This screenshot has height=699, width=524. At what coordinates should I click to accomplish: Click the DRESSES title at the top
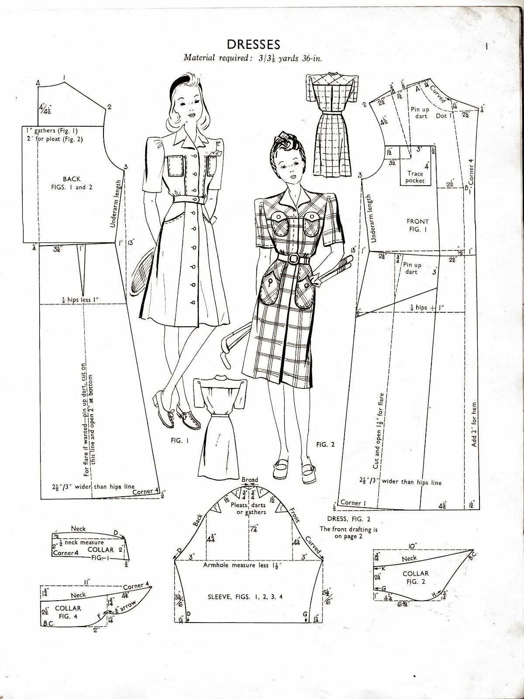tap(253, 44)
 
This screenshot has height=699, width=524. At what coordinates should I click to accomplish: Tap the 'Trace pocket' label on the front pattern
tap(415, 177)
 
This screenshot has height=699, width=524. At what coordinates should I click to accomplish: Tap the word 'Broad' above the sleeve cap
tap(250, 480)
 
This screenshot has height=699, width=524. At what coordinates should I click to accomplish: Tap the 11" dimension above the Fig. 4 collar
tap(87, 582)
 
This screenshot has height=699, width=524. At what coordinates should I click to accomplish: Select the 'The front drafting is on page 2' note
tap(348, 533)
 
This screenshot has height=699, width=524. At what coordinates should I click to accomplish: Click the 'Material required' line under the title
tap(253, 58)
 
